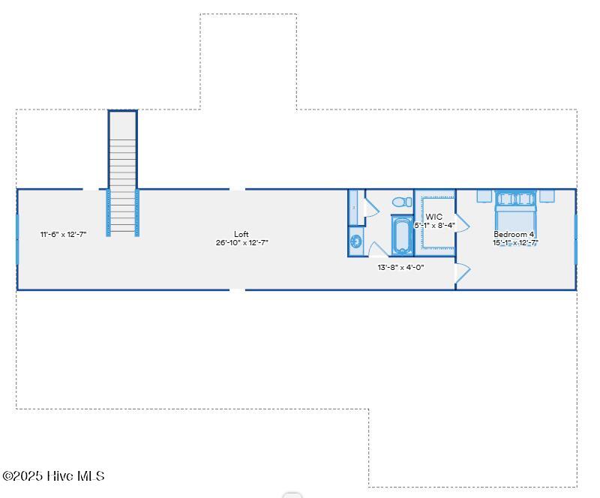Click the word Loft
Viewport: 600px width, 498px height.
click(x=241, y=234)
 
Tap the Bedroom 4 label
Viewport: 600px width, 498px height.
click(x=514, y=234)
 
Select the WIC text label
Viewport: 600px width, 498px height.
click(x=434, y=217)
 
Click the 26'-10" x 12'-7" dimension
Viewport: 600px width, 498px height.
click(x=241, y=242)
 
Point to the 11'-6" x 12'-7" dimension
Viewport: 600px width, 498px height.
click(x=64, y=234)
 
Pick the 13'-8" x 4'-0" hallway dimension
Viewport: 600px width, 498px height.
click(x=400, y=267)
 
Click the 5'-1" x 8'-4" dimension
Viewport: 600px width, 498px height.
click(x=435, y=226)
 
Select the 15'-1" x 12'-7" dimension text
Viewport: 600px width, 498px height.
click(x=515, y=242)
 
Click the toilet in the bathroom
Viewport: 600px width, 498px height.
click(x=402, y=202)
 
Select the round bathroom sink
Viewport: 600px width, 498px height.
click(x=355, y=241)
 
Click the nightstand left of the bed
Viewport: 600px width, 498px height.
click(x=484, y=196)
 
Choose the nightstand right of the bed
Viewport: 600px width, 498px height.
click(x=547, y=196)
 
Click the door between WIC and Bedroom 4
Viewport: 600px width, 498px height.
click(x=462, y=223)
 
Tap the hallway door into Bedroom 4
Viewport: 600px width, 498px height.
click(x=462, y=273)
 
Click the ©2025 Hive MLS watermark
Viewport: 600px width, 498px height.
click(x=53, y=475)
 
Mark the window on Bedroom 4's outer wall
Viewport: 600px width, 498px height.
click(x=575, y=240)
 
